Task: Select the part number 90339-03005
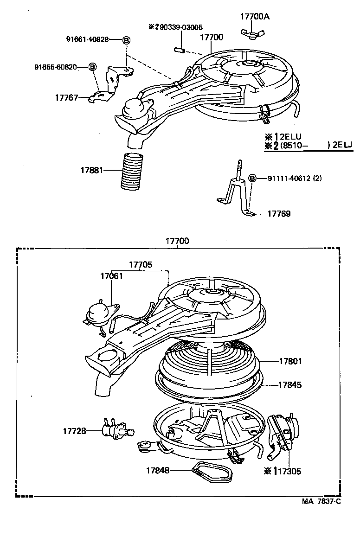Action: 179,27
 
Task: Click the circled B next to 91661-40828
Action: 126,40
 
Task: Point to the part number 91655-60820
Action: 55,67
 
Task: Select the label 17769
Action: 279,214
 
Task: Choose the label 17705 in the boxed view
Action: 140,265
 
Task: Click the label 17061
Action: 111,276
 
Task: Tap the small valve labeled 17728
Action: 116,430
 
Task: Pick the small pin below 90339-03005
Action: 179,48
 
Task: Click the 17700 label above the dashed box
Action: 177,242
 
